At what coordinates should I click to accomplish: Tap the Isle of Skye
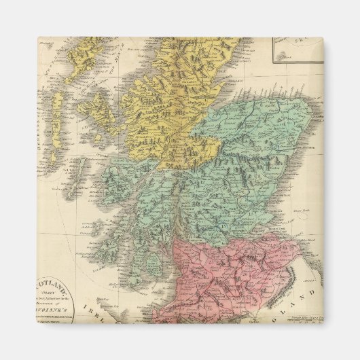point(101,109)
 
